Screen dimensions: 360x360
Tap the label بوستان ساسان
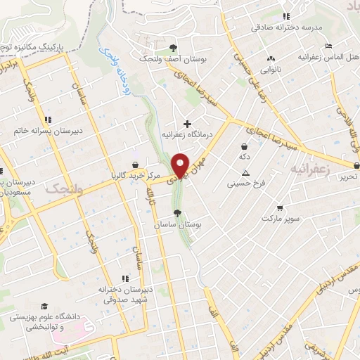tap(178, 224)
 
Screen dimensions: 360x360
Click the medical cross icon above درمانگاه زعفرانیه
tap(187, 124)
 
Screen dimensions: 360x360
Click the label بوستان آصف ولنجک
tap(173, 59)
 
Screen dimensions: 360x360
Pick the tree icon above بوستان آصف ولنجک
tap(173, 49)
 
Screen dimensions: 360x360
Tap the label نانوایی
tap(271, 70)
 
